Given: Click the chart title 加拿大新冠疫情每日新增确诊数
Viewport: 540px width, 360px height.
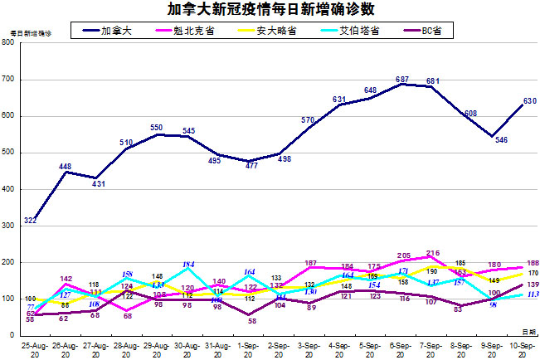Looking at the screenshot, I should pos(270,10).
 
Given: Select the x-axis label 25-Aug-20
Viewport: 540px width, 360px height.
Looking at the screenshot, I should pos(34,348).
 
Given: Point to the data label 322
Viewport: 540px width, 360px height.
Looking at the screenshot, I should pos(30,220).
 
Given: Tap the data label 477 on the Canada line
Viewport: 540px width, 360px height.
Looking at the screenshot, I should pos(251,165).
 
